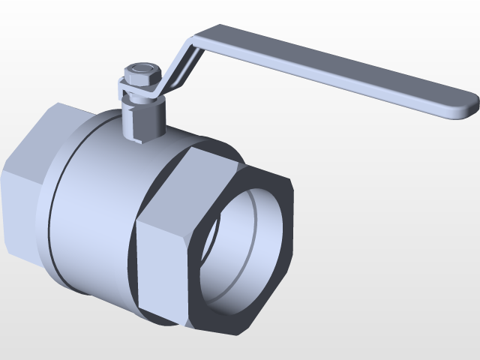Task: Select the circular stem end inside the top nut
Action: [140, 70]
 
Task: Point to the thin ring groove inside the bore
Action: [255, 225]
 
